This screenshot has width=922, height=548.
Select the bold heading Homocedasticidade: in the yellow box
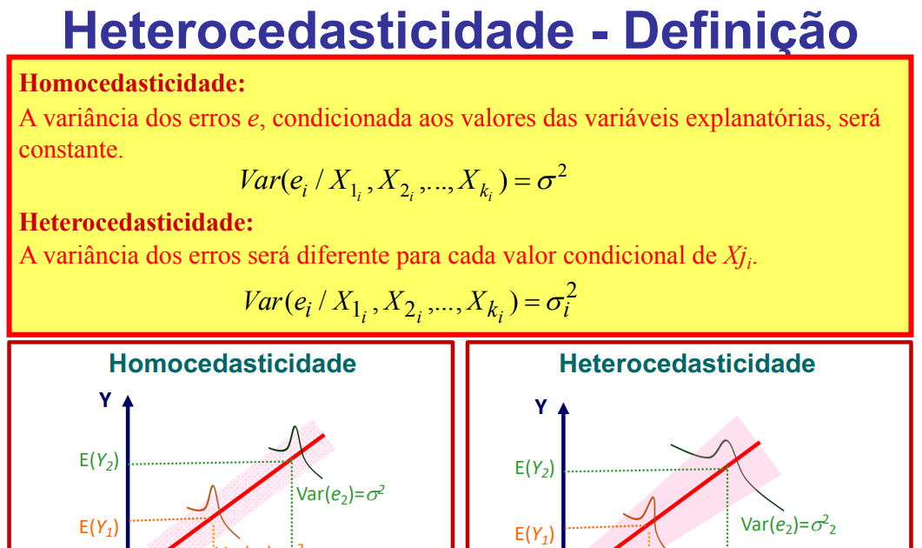point(132,84)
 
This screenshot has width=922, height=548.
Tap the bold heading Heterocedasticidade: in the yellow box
point(136,223)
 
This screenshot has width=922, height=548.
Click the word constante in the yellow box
point(70,150)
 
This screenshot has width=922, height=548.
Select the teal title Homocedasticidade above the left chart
point(233,364)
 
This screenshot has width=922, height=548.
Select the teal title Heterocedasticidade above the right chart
point(687,364)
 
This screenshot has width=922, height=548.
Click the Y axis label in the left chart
point(105,400)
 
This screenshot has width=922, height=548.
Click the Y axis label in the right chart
point(541,406)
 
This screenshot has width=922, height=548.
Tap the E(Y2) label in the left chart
point(98,461)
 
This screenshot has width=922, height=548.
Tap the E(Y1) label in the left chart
point(98,527)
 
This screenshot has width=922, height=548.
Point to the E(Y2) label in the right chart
point(534,468)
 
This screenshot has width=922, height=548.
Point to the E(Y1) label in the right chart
point(534,533)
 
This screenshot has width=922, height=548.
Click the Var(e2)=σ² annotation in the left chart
point(341,493)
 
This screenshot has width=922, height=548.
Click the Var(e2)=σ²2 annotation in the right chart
point(788,525)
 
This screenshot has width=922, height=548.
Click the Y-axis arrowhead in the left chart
point(129,402)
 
